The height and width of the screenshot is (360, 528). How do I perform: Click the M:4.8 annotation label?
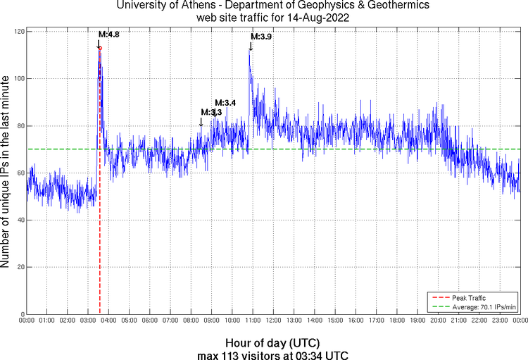[x=108, y=34]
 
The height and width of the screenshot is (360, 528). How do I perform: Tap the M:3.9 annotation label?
[x=262, y=37]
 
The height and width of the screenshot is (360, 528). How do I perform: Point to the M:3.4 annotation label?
[x=225, y=103]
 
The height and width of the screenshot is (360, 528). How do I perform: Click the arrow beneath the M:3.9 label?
[x=251, y=46]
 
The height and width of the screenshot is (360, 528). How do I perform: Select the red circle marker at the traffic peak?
[x=100, y=48]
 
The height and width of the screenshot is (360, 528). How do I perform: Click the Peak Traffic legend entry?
[x=469, y=298]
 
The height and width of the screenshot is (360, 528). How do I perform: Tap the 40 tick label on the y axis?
[x=19, y=220]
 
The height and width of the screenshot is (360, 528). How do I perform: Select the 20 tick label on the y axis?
[x=19, y=267]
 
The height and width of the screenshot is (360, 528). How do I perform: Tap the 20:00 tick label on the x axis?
[x=439, y=320]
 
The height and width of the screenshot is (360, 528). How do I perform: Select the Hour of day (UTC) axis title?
[x=273, y=342]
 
